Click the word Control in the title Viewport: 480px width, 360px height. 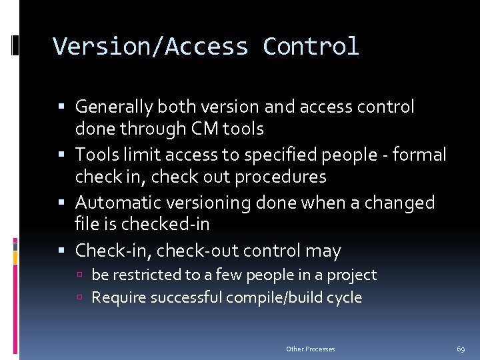(x=311, y=47)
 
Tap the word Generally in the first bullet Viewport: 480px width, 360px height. (x=115, y=107)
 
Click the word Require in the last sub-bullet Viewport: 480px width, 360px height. (x=117, y=297)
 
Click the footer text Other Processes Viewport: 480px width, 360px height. (x=310, y=349)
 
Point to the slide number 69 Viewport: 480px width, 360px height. (x=461, y=349)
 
